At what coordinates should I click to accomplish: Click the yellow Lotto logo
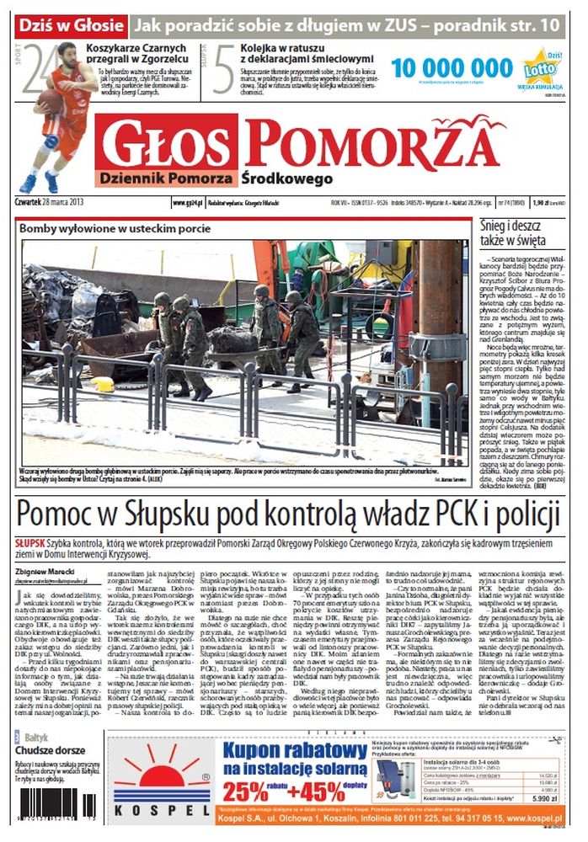click(x=538, y=66)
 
